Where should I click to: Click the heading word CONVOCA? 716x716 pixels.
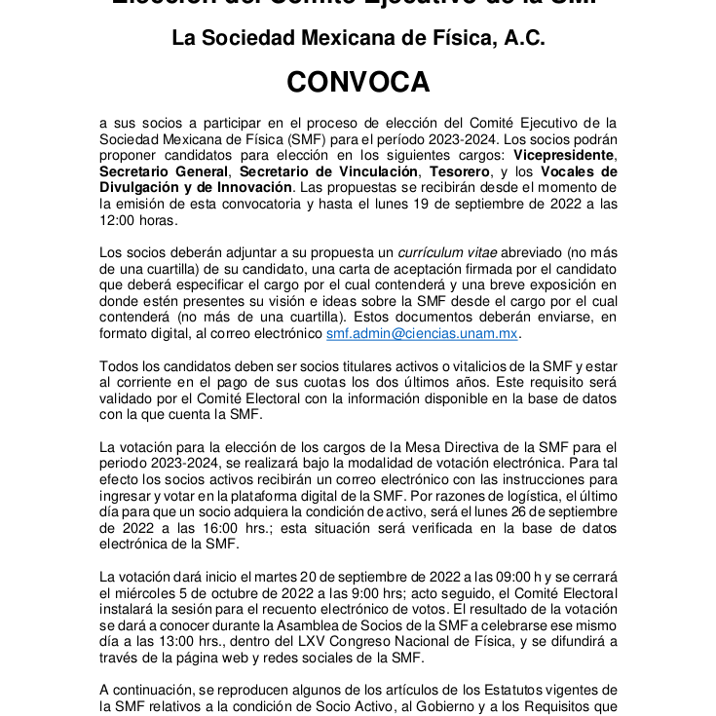point(358,83)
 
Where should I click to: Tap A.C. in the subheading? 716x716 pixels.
point(518,39)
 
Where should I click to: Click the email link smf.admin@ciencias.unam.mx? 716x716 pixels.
point(422,333)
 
